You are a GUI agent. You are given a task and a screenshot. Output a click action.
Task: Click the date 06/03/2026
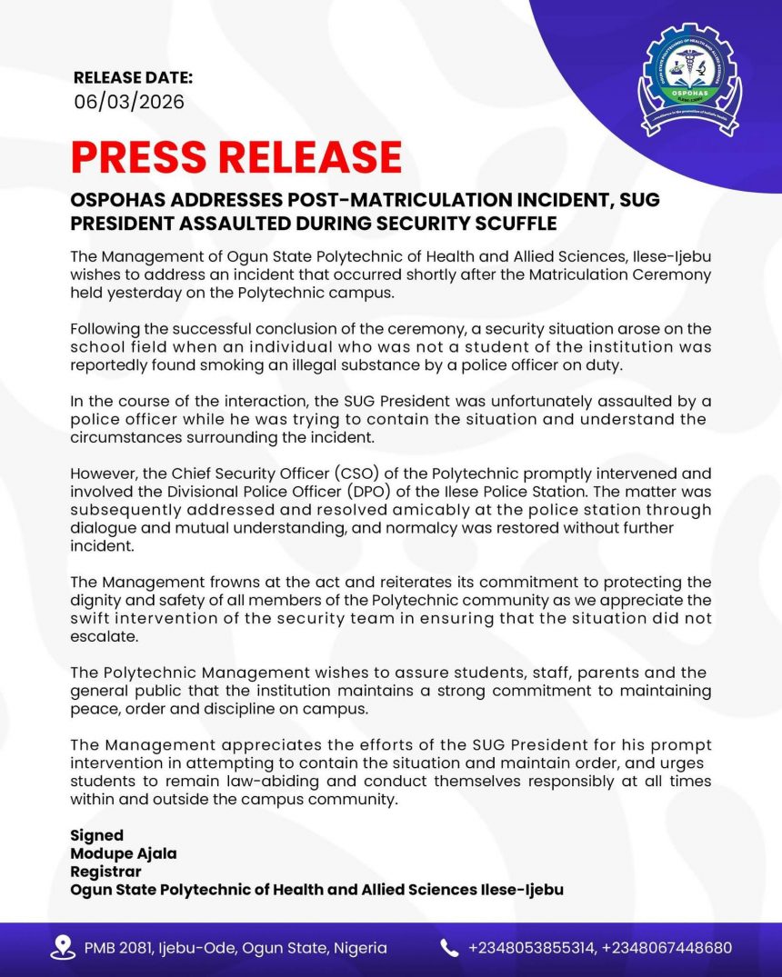coord(129,102)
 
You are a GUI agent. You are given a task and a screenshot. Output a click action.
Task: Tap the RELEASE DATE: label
coord(133,77)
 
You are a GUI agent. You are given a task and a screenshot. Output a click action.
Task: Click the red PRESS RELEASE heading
coord(236,157)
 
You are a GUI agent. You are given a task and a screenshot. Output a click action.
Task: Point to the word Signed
coord(97,835)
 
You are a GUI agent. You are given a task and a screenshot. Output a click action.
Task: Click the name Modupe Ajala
coord(124,853)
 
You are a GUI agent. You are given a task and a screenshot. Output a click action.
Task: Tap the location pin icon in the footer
coord(63,948)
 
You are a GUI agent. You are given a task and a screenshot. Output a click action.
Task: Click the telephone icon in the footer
coord(449,948)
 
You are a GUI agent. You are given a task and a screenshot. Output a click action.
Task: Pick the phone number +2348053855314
coord(530,948)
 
